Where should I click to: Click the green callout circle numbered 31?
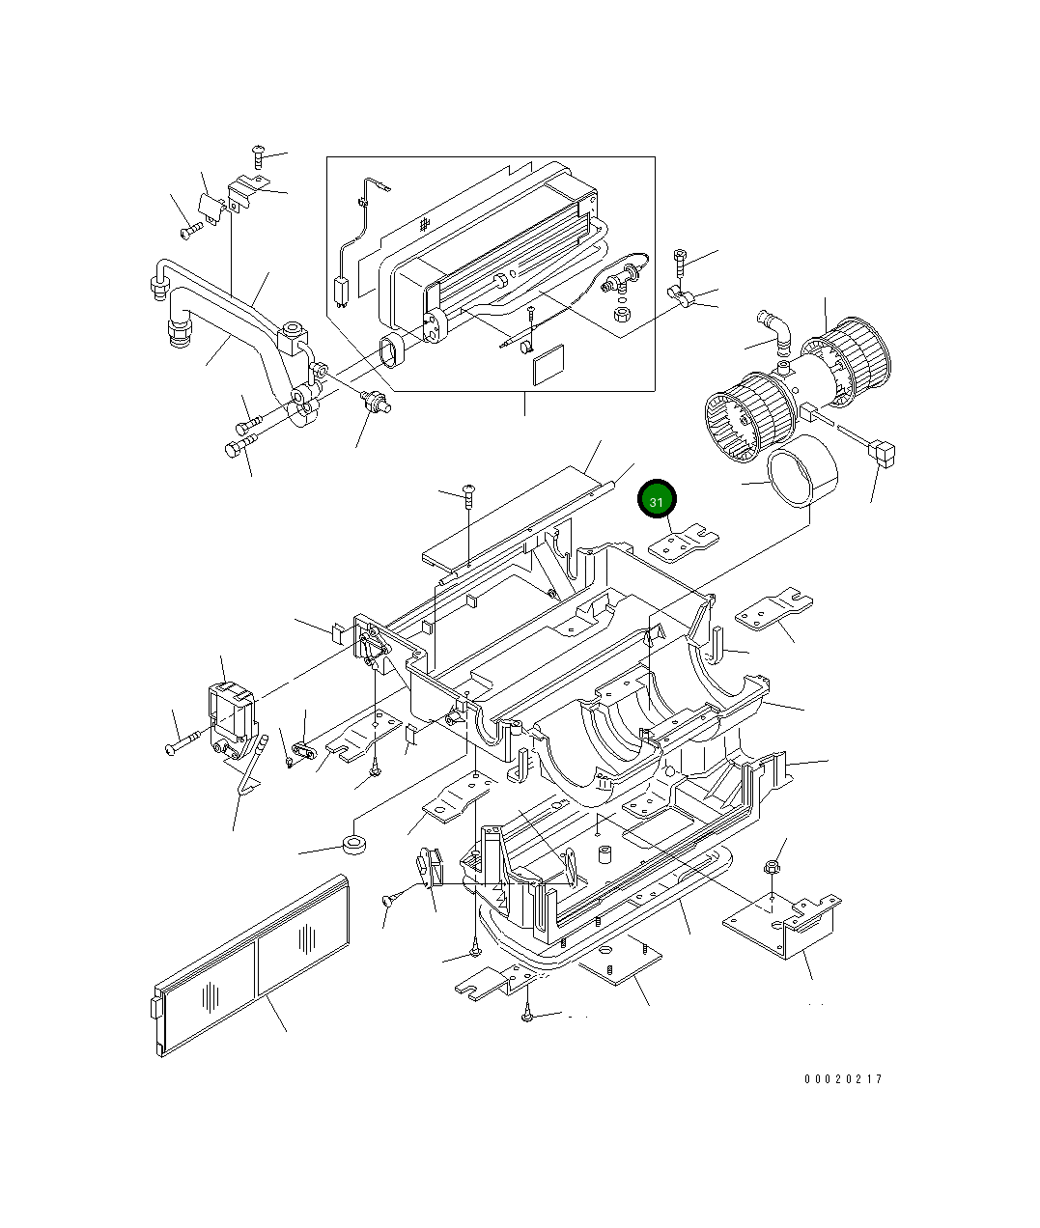657,502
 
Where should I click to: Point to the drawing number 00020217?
842,1079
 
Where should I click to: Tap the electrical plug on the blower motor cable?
883,451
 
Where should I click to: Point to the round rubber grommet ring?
356,847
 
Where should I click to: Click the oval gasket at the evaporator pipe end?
393,351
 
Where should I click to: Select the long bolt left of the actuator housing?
183,745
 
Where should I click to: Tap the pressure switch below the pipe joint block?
375,402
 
